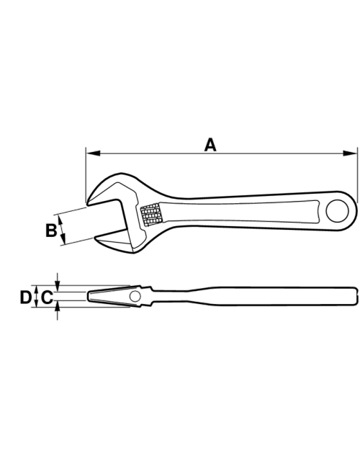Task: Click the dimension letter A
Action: [210, 145]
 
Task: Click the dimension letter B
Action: [51, 230]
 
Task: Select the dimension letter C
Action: [47, 298]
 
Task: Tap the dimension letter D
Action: [26, 298]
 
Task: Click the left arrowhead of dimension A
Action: [93, 153]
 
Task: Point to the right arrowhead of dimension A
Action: [350, 153]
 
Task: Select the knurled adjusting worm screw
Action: [150, 215]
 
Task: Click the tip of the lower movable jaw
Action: [95, 238]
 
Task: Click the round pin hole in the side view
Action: [135, 296]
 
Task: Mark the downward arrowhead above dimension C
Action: [57, 286]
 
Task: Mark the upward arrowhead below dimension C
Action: [57, 306]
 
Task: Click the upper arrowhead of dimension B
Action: [60, 220]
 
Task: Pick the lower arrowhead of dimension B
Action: [63, 238]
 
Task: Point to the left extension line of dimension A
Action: [86, 174]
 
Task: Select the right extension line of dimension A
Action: [357, 175]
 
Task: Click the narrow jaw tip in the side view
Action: [89, 296]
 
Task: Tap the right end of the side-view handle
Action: [355, 296]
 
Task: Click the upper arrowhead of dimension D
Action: [36, 290]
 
